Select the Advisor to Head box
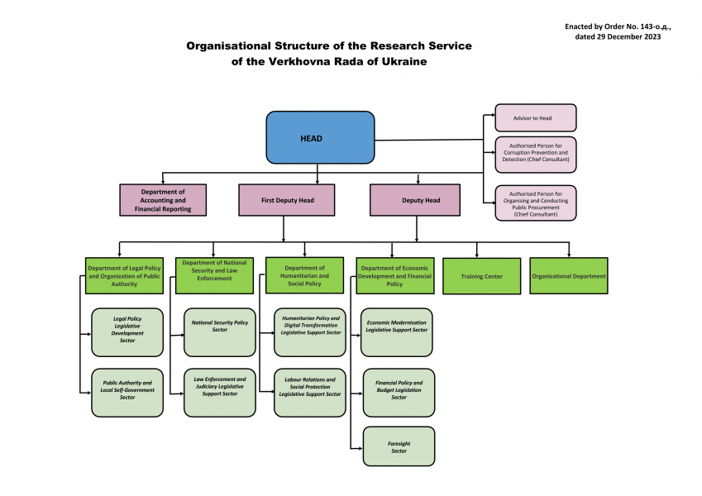click(535, 118)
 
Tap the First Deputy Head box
click(287, 200)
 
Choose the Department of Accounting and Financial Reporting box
click(163, 200)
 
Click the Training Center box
click(482, 276)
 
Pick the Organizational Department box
click(569, 276)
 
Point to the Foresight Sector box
click(399, 446)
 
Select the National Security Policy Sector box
click(220, 327)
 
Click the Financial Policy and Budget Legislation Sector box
click(399, 391)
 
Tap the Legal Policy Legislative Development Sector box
click(127, 330)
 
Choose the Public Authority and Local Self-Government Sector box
click(127, 391)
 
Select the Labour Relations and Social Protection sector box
click(309, 387)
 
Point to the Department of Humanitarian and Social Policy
click(304, 276)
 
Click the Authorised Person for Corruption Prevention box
click(535, 154)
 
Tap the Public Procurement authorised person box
click(535, 203)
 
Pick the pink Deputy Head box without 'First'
click(415, 200)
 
